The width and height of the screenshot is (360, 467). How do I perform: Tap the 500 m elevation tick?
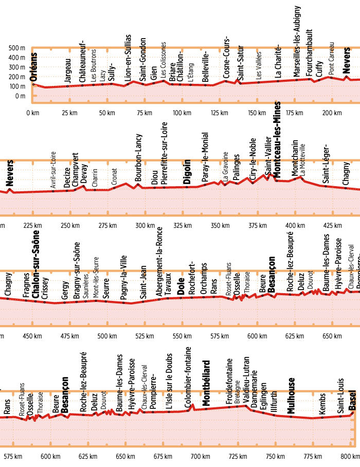(x=17, y=48)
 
